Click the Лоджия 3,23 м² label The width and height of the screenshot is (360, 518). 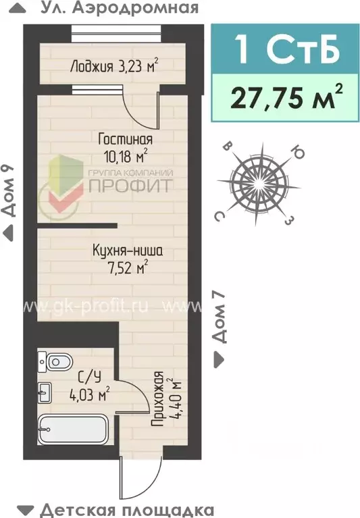point(114,66)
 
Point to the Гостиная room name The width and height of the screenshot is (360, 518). point(125,139)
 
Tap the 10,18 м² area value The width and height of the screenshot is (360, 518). point(124,156)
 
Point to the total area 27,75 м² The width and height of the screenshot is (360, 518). point(285,97)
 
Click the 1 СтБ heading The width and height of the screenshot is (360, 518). point(285,49)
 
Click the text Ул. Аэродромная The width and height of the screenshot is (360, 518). point(119,8)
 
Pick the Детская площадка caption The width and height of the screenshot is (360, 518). point(126,509)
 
